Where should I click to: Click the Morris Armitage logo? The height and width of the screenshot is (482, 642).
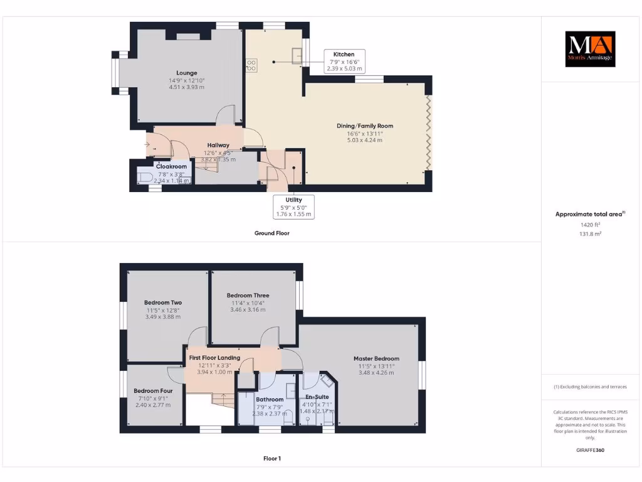pyautogui.click(x=590, y=49)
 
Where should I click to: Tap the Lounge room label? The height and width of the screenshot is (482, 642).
pyautogui.click(x=186, y=73)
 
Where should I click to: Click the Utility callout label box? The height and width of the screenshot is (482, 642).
pyautogui.click(x=293, y=206)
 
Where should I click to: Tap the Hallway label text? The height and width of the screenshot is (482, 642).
pyautogui.click(x=218, y=145)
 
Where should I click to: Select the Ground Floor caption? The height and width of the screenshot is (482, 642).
pyautogui.click(x=271, y=233)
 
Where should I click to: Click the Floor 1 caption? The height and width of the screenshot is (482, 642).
pyautogui.click(x=271, y=459)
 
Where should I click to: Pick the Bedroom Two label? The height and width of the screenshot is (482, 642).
pyautogui.click(x=162, y=303)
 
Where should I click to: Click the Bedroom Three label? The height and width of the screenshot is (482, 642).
pyautogui.click(x=248, y=296)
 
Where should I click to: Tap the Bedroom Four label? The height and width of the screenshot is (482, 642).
pyautogui.click(x=150, y=390)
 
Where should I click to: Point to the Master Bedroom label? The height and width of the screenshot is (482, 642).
pyautogui.click(x=379, y=358)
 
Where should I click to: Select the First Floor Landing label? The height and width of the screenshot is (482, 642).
pyautogui.click(x=214, y=358)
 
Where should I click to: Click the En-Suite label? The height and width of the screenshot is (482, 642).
pyautogui.click(x=317, y=397)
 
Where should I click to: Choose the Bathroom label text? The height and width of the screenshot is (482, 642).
pyautogui.click(x=270, y=399)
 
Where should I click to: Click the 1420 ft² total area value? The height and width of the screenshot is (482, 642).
pyautogui.click(x=589, y=224)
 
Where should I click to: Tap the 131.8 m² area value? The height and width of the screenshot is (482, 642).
pyautogui.click(x=589, y=233)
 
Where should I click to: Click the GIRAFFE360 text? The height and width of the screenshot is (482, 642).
pyautogui.click(x=589, y=450)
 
